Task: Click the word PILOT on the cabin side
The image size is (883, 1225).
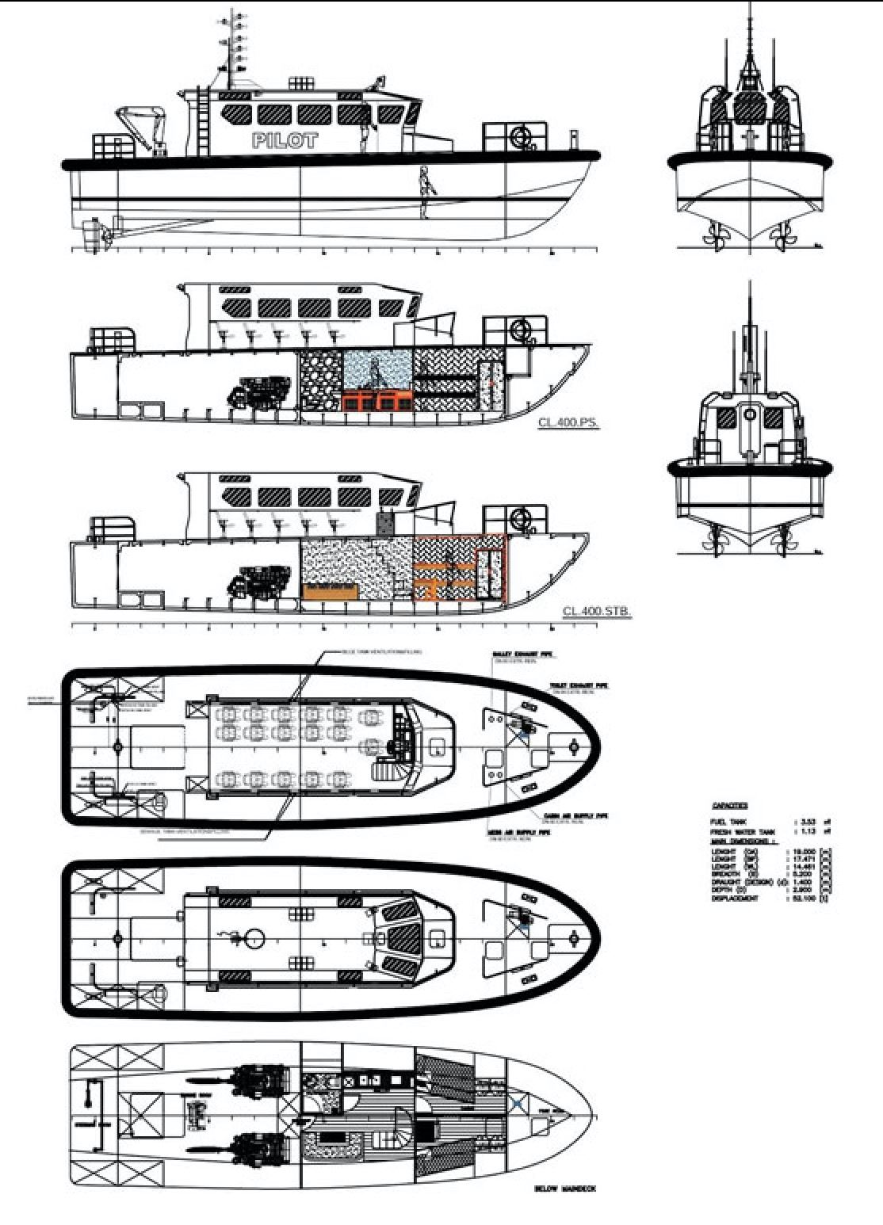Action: coord(285,141)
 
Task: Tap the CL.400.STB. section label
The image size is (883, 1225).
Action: coord(596,611)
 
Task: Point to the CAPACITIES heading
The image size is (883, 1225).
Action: coord(729,806)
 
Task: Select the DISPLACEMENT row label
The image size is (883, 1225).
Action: coord(736,899)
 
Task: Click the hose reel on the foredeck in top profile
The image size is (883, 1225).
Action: coord(522,136)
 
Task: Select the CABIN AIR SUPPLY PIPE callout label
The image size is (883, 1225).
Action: coord(575,815)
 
